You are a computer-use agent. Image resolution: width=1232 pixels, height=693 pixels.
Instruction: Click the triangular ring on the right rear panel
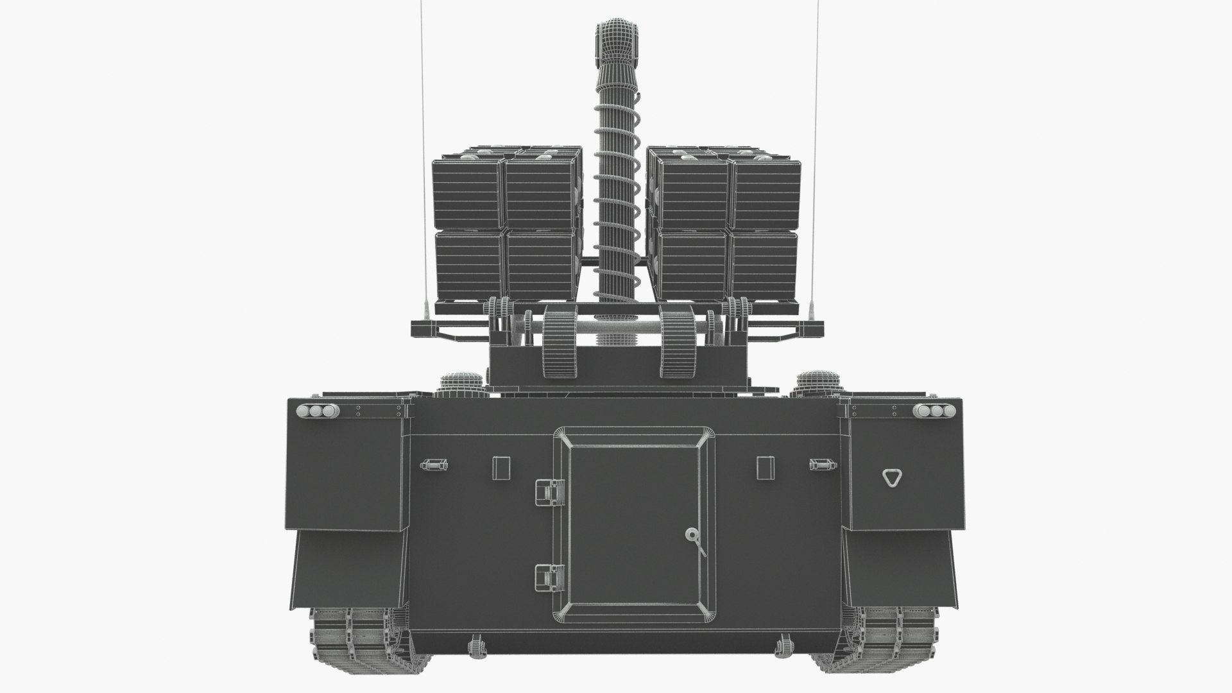(891, 477)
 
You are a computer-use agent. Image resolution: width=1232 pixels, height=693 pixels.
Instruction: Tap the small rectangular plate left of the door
(501, 467)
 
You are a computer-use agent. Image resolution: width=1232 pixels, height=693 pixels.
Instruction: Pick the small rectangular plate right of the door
(766, 467)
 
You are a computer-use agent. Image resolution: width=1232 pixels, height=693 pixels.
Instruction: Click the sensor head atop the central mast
(615, 39)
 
